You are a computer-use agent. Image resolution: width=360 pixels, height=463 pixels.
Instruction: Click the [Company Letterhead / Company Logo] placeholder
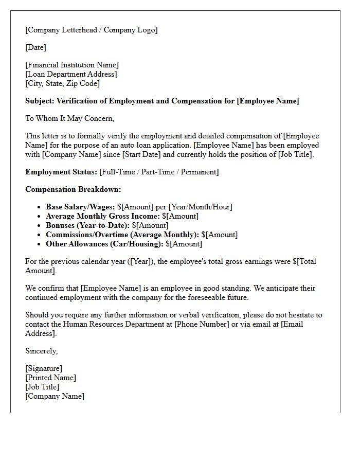click(x=92, y=30)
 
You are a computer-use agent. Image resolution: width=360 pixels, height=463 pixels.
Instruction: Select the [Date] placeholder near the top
click(x=35, y=47)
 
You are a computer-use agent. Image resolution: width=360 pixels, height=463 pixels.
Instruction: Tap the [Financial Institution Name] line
click(x=72, y=65)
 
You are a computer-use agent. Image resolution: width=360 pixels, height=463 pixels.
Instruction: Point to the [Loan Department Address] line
click(x=71, y=74)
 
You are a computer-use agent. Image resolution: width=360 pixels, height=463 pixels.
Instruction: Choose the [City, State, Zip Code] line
click(x=62, y=83)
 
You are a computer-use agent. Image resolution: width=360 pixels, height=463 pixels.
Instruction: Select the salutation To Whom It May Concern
click(x=69, y=118)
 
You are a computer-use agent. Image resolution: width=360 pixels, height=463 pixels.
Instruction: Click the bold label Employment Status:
click(x=61, y=172)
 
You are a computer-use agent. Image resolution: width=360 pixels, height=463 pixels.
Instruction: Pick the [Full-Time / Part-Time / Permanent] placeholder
click(x=159, y=172)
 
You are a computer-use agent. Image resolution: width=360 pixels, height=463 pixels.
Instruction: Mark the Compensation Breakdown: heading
click(x=73, y=189)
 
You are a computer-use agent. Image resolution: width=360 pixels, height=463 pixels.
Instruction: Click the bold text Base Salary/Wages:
click(x=80, y=207)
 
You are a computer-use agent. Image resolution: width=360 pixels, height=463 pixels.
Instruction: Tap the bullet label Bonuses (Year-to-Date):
click(x=87, y=225)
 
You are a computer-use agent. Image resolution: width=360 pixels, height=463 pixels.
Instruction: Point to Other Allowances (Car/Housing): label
click(x=104, y=244)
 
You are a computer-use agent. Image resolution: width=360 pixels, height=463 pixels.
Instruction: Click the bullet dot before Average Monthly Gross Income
click(x=40, y=217)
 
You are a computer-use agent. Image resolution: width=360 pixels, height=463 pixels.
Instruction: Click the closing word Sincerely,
click(x=42, y=351)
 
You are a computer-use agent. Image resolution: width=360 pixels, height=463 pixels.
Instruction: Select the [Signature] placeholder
click(x=44, y=368)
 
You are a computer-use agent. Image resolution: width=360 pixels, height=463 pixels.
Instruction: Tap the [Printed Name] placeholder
click(x=50, y=378)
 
